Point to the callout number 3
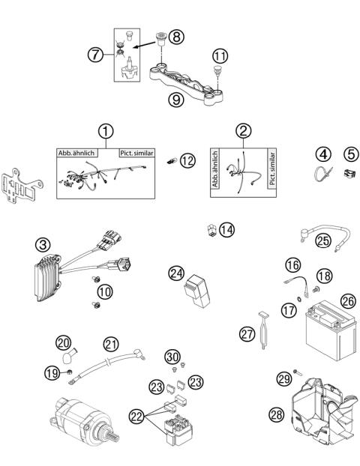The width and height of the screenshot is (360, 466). (43, 244)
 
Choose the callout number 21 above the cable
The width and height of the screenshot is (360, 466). (110, 344)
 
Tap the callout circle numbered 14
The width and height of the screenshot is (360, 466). (226, 229)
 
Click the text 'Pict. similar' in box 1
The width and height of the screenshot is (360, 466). (136, 153)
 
